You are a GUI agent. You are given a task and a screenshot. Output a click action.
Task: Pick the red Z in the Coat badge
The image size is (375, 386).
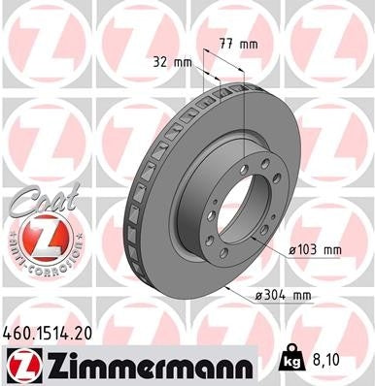[x=36, y=237]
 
